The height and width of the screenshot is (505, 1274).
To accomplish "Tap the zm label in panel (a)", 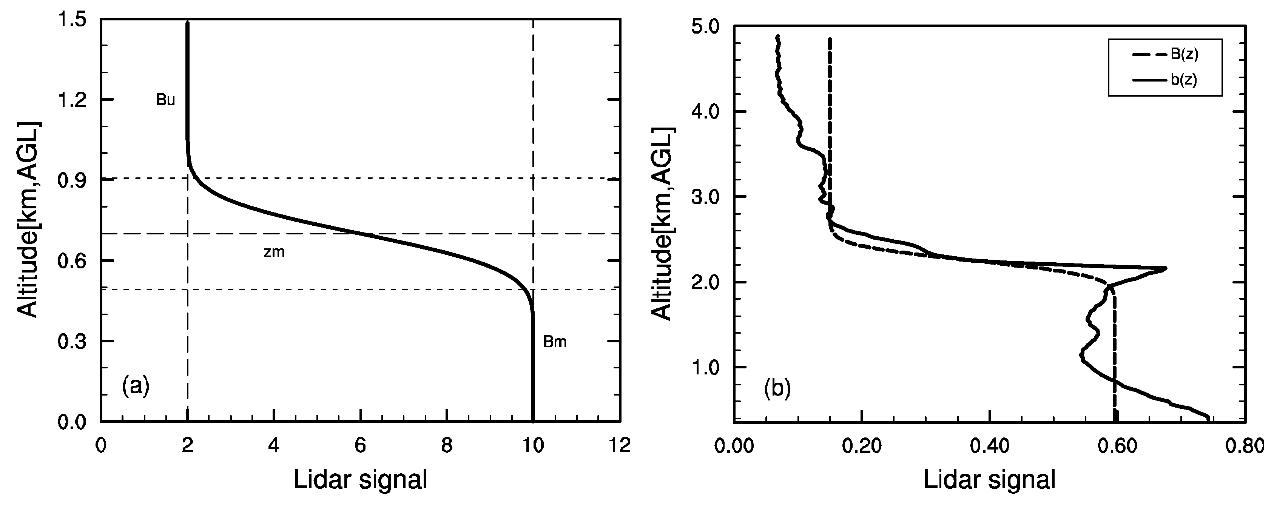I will click(x=274, y=252).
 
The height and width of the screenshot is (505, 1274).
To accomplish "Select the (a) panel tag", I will click(x=136, y=386).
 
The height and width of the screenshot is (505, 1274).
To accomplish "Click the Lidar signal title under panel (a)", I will click(x=360, y=479).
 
